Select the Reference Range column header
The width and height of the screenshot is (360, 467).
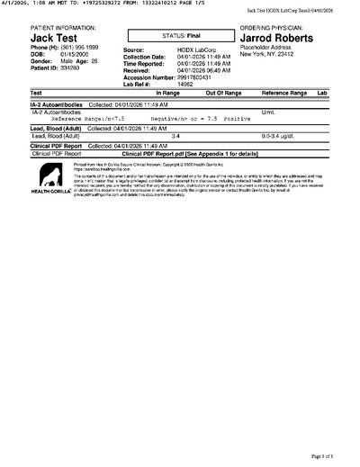[x=283, y=93]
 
